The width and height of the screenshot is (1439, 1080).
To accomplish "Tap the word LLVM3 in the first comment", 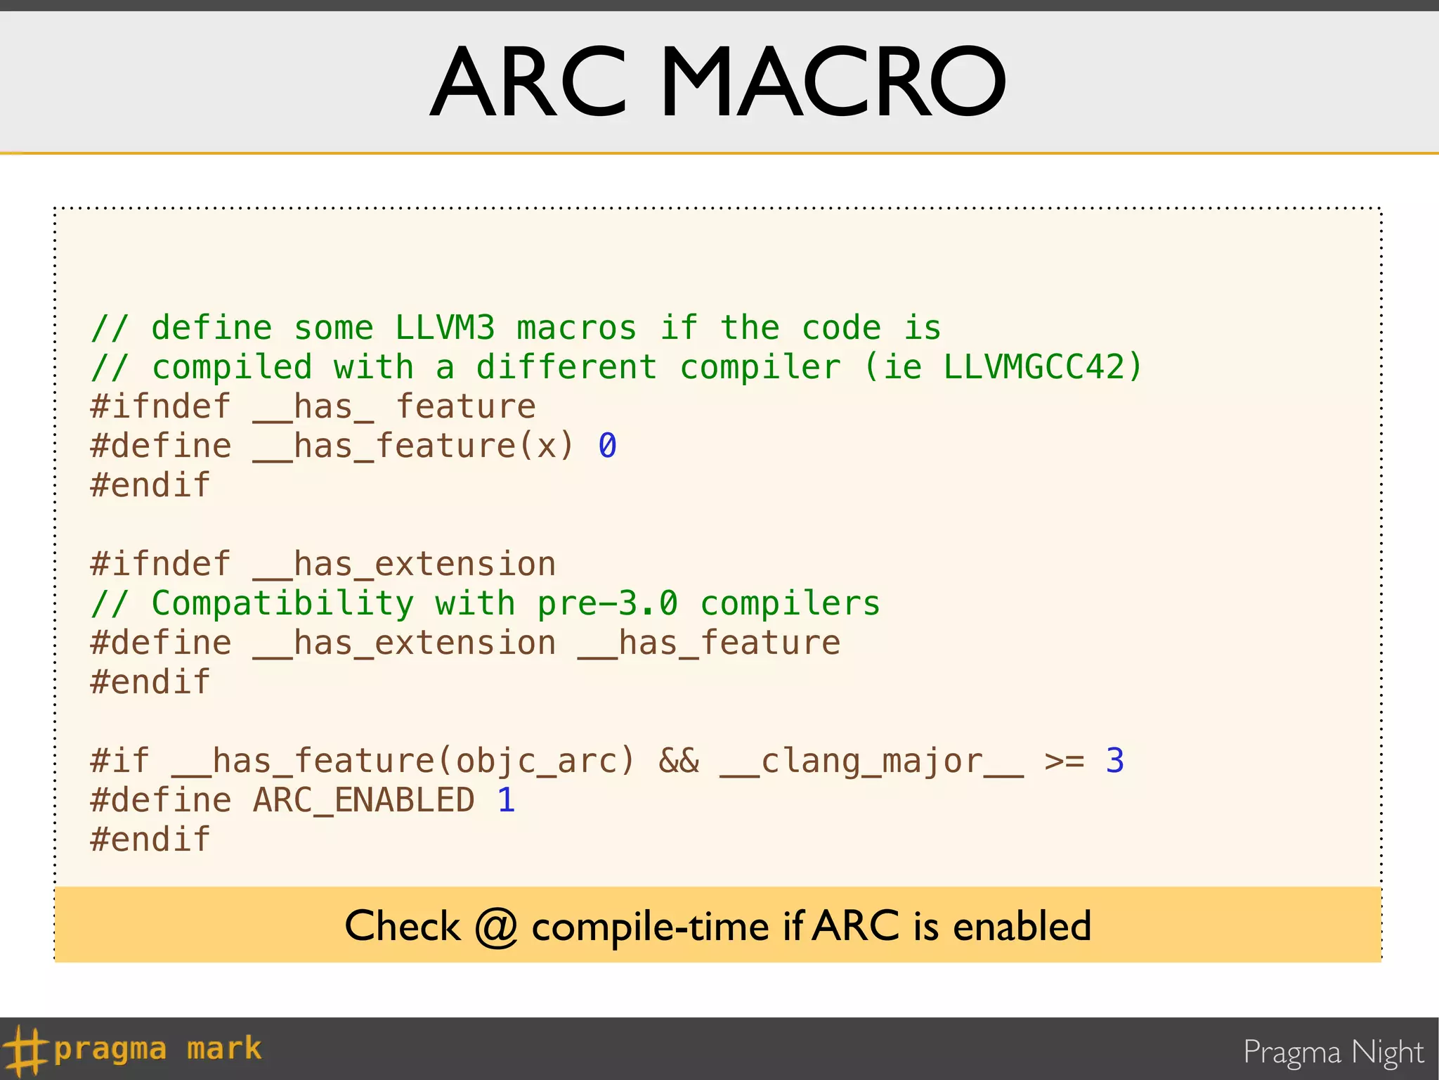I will [445, 328].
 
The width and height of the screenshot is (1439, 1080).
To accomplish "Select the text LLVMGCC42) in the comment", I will [1043, 367].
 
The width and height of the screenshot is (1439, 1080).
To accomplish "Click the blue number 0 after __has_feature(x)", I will [608, 446].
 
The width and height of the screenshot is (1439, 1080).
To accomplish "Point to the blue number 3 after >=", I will [1115, 761].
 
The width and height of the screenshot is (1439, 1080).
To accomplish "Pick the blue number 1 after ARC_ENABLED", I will [507, 800].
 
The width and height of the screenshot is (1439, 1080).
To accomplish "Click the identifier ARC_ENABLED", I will [364, 800].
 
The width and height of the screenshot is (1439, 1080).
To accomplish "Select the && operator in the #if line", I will [679, 761].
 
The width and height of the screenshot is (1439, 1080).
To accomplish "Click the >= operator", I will [1064, 761].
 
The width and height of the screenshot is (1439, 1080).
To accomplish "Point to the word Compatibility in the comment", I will [283, 603].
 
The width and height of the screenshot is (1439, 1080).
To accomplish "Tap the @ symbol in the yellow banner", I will [496, 926].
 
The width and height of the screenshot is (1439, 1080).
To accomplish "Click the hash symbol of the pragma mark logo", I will [24, 1050].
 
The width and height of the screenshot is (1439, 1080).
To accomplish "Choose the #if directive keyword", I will [120, 761].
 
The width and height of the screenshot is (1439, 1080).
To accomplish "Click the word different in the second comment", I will [567, 367].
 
